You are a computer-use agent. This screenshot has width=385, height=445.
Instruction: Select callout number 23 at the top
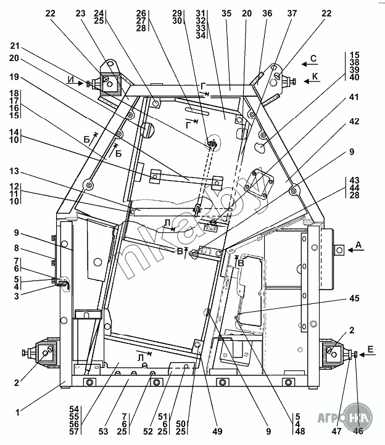pyautogui.click(x=80, y=13)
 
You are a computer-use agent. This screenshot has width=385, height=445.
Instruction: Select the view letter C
pyautogui.click(x=313, y=60)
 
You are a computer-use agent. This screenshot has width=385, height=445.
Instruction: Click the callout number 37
pyautogui.click(x=292, y=13)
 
